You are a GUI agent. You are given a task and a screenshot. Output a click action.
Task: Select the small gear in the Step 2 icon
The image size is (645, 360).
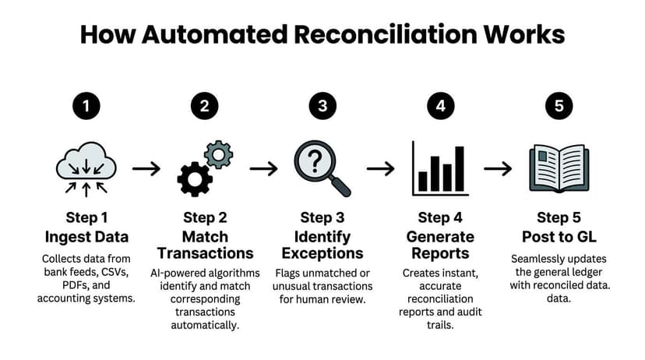[x=218, y=154]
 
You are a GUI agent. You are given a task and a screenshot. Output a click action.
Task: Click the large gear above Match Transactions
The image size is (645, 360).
[x=195, y=178]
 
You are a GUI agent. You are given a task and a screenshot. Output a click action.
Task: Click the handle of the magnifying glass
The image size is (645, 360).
[x=340, y=186]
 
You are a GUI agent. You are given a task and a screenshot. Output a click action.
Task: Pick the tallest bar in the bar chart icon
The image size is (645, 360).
[x=460, y=169]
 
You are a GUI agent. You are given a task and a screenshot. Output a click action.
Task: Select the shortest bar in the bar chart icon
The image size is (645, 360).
[x=422, y=182]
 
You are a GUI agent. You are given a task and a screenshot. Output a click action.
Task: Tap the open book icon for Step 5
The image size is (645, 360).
[x=558, y=167]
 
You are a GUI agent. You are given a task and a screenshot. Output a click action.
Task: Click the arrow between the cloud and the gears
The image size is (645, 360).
[x=146, y=168]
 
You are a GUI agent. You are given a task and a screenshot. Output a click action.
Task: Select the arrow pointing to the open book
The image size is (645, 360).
[x=498, y=168]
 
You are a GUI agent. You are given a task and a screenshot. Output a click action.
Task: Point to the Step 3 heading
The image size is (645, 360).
[x=322, y=217]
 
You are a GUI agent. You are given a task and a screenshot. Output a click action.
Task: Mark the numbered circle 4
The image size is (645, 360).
[x=440, y=106]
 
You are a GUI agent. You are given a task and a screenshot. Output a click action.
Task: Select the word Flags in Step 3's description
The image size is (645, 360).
[x=291, y=272]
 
